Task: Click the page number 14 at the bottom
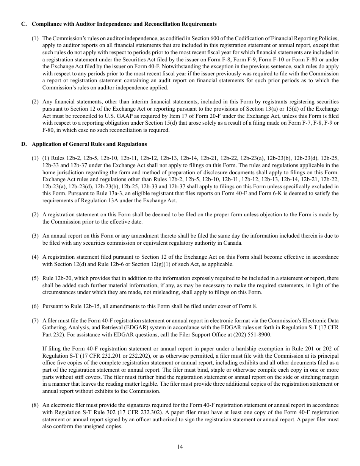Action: (180, 447)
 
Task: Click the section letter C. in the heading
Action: (24, 24)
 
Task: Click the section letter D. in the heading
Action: (24, 144)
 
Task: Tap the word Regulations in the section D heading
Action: (132, 144)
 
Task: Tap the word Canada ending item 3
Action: (233, 243)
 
